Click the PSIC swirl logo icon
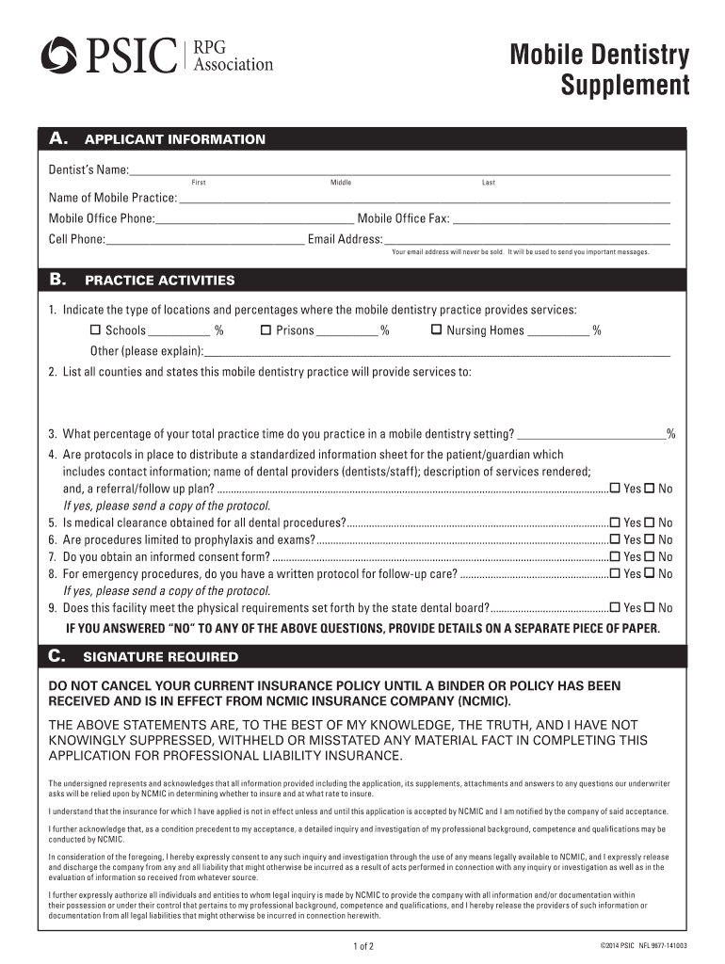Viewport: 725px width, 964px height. coord(58,56)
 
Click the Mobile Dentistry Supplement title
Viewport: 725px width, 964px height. coord(600,71)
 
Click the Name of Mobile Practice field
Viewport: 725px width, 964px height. coord(424,200)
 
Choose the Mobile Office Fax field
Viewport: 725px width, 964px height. coord(561,220)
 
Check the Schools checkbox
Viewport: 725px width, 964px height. coord(95,330)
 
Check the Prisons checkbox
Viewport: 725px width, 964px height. coord(266,330)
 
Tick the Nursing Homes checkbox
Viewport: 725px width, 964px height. coord(436,330)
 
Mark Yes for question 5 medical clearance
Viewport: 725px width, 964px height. coord(615,522)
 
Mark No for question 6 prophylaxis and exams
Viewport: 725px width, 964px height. coord(649,539)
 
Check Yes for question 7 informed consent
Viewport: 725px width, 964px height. coord(615,556)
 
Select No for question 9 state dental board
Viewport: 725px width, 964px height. coord(649,608)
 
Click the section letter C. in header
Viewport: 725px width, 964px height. coord(58,656)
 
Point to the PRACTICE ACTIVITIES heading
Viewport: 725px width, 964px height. coord(160,281)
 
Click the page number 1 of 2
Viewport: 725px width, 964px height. coord(363,945)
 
